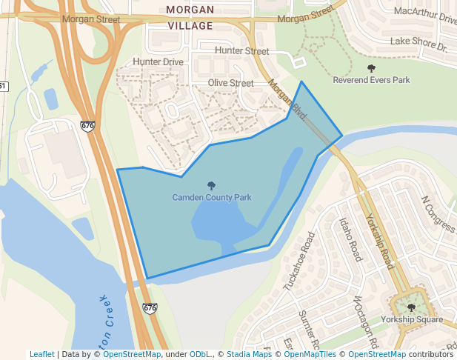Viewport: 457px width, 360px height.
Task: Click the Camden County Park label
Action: coord(212,198)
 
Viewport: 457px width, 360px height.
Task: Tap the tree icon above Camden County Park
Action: coord(212,186)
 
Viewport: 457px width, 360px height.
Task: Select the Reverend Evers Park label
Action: coord(371,79)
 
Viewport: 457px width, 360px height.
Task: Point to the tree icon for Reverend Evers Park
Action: coord(371,68)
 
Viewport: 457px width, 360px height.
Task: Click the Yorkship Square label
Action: coord(411,319)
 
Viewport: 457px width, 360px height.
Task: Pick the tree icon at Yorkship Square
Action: coord(411,307)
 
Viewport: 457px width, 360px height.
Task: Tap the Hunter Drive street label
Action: coord(158,62)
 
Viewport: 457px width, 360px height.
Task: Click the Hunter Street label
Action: coord(241,51)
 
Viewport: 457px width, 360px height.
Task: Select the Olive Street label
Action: coord(230,83)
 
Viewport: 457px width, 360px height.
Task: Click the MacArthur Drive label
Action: coord(425,13)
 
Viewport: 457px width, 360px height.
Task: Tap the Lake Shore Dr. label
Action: coord(419,44)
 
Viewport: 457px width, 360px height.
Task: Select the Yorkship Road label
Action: coord(380,241)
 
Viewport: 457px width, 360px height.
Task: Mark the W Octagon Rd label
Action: coord(366,322)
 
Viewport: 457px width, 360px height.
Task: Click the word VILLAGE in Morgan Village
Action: coord(190,25)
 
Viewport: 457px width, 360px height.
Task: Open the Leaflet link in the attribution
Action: coord(41,354)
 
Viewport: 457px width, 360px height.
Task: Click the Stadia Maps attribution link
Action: coord(247,354)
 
